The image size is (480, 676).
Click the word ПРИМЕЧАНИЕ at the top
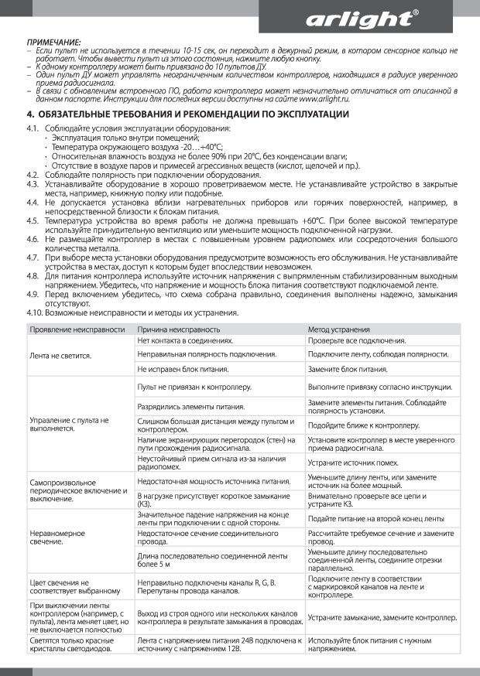click(x=53, y=40)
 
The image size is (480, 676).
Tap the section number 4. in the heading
click(x=30, y=114)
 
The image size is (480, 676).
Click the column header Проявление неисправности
click(x=77, y=329)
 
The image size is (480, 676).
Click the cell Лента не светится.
click(x=60, y=356)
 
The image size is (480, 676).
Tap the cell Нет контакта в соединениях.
click(x=185, y=341)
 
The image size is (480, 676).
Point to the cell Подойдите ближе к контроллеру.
click(x=363, y=425)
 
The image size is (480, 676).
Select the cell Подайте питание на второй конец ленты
click(x=375, y=518)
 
